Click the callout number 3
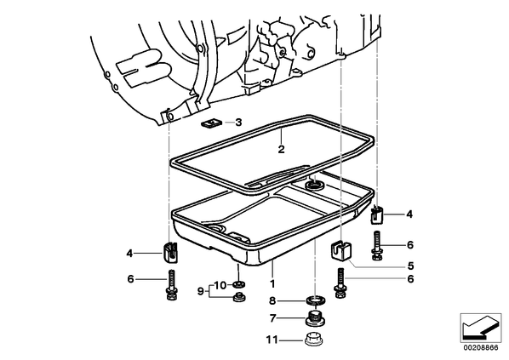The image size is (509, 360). coord(238,123)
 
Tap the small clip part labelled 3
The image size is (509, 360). coord(211,123)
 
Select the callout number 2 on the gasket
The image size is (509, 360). coord(281,149)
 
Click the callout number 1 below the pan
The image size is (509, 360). coord(272,284)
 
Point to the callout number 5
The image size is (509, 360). coord(410,266)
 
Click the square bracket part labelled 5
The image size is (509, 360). coord(340,249)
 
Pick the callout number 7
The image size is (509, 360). coord(272,318)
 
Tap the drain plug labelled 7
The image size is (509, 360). coord(315,317)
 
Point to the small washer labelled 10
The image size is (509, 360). coord(238,285)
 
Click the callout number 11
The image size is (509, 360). coord(272,340)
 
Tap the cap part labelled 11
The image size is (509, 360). coord(315,340)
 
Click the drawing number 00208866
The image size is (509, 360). coord(480,348)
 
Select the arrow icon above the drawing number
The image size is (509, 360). coord(480,328)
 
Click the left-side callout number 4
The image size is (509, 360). coord(129,254)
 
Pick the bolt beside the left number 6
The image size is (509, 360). coord(171,285)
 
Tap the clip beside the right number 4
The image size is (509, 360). coord(377,214)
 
